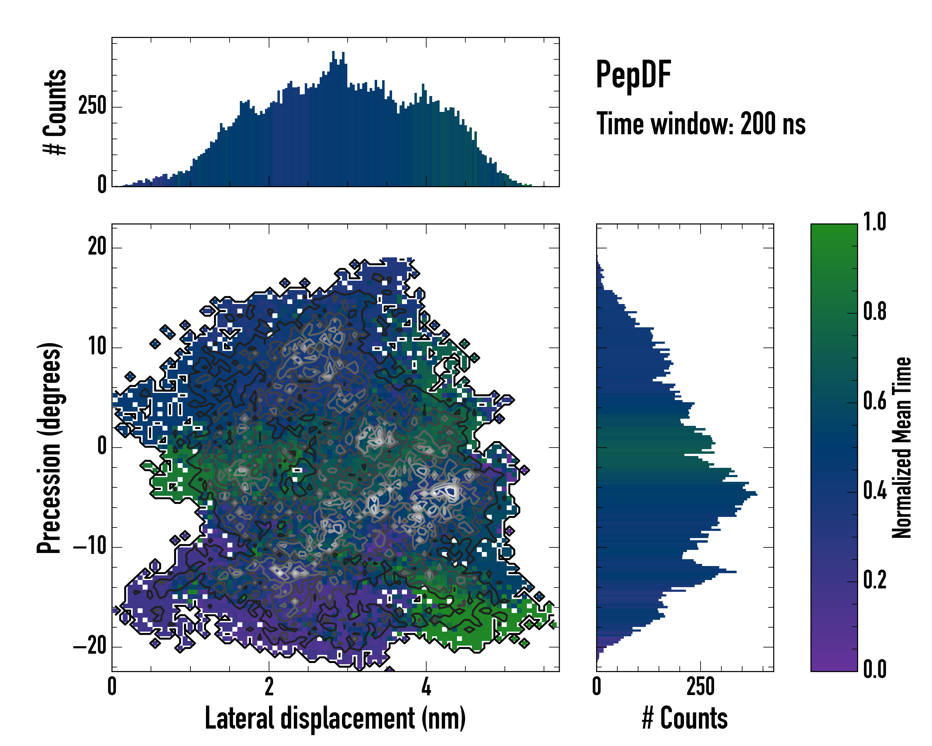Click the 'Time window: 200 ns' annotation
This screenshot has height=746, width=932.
701,124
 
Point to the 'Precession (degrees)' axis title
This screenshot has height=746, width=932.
49,448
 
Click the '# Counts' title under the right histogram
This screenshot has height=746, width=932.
685,718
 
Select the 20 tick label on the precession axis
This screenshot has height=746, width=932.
97,247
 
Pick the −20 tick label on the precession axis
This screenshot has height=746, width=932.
89,647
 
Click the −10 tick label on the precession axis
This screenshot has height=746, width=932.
89,547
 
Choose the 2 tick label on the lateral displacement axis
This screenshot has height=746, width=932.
269,686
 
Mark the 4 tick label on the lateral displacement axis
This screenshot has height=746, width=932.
426,686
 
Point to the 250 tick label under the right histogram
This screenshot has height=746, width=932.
700,686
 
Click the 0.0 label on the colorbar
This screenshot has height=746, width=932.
875,670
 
